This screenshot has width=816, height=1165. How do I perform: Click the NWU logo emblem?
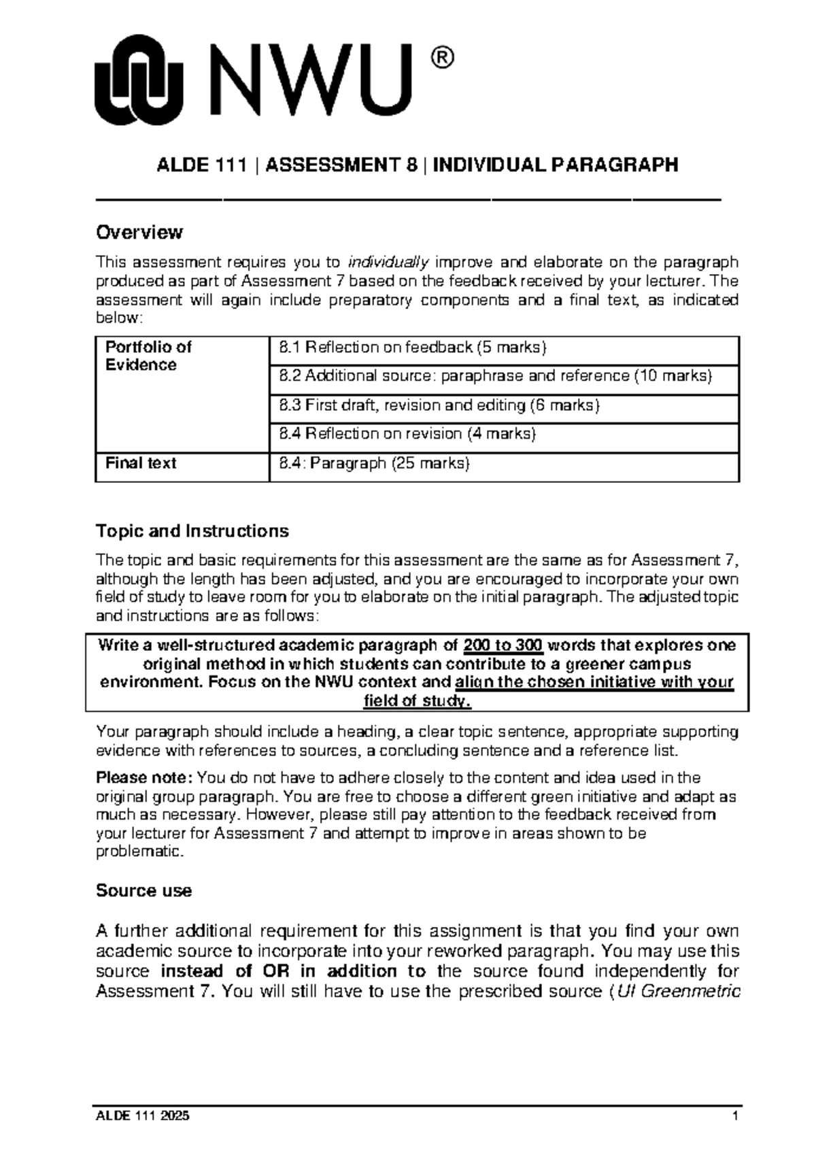click(x=139, y=81)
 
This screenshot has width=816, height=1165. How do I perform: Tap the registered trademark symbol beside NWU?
click(x=439, y=58)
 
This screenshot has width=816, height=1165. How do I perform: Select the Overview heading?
click(x=139, y=233)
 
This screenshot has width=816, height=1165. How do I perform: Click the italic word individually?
click(x=388, y=263)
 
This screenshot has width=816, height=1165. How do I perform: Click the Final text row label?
click(x=140, y=464)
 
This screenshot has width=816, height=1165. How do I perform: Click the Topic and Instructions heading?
click(x=192, y=530)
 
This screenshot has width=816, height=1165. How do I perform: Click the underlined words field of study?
click(x=417, y=701)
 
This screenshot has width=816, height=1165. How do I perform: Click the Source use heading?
click(x=143, y=891)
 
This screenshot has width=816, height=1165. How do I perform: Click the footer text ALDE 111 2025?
click(x=143, y=1116)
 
